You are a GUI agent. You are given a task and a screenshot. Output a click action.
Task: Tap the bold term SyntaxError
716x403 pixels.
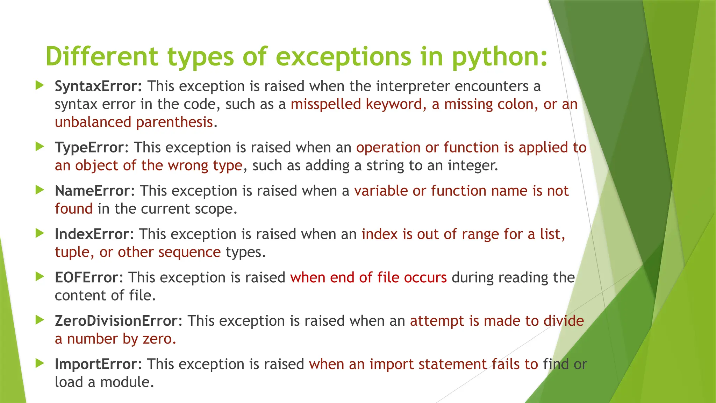(x=98, y=86)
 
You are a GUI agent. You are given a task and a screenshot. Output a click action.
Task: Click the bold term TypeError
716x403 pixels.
(x=89, y=147)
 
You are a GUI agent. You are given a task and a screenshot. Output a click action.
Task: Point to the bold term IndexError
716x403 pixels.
(x=92, y=234)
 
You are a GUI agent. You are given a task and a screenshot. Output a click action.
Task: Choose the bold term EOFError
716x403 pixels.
(x=87, y=277)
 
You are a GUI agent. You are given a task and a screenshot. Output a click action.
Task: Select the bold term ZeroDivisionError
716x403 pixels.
(x=116, y=321)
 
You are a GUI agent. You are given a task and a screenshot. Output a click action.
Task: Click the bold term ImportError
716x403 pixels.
(x=95, y=364)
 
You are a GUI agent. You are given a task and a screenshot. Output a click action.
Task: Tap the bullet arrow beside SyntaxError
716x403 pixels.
(x=40, y=85)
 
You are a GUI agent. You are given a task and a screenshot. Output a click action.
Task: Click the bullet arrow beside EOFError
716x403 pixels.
(x=40, y=277)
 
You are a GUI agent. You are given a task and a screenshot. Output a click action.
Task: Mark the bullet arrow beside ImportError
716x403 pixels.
(x=40, y=363)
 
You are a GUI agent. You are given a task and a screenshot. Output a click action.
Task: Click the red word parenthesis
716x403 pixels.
(x=174, y=122)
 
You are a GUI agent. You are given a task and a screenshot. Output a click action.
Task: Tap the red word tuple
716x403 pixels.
(x=72, y=252)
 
